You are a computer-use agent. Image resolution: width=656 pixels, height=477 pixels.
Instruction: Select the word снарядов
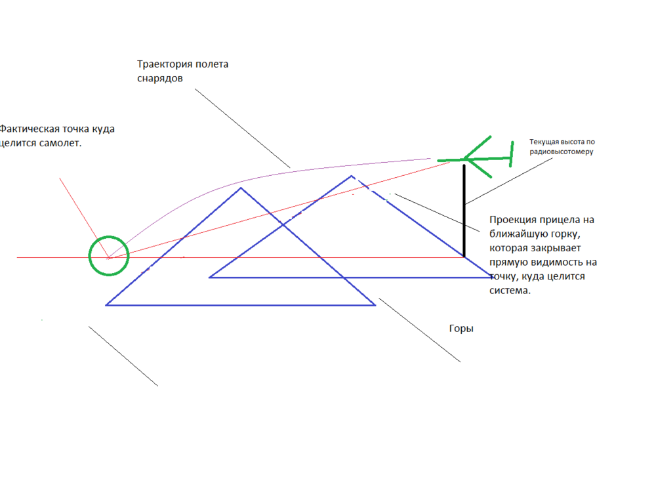click(x=160, y=77)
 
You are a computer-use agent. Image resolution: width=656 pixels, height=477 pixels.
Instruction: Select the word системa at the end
click(x=509, y=291)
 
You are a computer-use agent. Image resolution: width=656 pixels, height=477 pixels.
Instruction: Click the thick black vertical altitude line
click(x=464, y=210)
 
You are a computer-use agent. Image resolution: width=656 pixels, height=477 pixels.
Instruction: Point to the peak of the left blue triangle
click(x=241, y=188)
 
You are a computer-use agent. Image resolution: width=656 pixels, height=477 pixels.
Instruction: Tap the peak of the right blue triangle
click(x=352, y=176)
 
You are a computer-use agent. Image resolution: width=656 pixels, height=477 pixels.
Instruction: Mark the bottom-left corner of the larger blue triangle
click(x=106, y=304)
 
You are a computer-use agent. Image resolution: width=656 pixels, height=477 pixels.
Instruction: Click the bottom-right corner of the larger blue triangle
click(x=375, y=304)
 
